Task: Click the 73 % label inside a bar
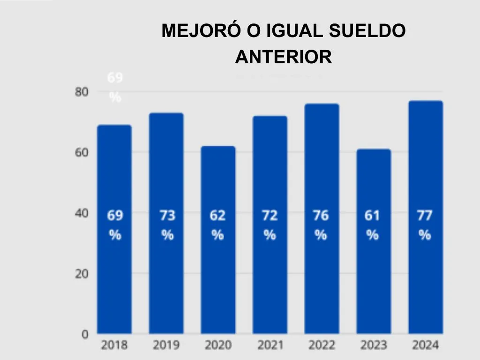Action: [167, 225]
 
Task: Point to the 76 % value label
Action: [321, 225]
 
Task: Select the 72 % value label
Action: [270, 225]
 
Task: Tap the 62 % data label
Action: [217, 225]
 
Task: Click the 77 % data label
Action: [425, 225]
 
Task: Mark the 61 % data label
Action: [372, 225]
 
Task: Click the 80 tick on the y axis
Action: [82, 92]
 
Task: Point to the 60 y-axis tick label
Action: [82, 152]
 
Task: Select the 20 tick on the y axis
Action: [82, 274]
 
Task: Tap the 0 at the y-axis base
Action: [85, 334]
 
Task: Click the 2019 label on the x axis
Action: [166, 345]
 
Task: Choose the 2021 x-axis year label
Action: [270, 345]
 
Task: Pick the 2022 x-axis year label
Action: [322, 345]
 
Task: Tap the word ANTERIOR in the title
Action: [284, 58]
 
